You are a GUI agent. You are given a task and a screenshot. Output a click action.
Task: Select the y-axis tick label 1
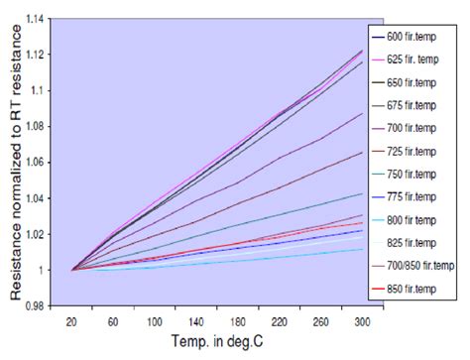[x=44, y=269]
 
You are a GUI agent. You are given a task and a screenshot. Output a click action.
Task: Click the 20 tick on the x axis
[x=72, y=323]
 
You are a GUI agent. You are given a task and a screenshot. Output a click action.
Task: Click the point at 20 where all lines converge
[x=72, y=269]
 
